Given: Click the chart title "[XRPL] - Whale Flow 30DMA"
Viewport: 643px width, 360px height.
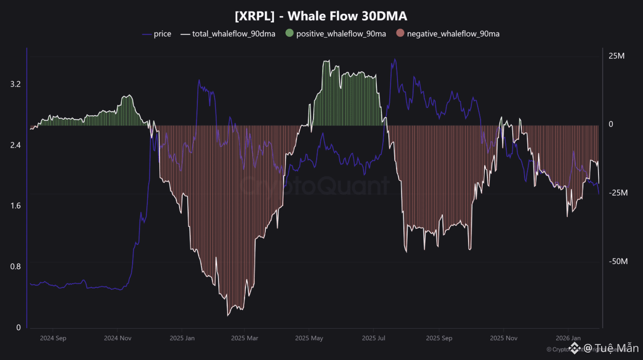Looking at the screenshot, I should point(321,16).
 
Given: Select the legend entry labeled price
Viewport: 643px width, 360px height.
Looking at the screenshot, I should point(162,34).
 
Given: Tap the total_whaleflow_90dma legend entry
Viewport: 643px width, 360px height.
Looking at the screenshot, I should point(234,34).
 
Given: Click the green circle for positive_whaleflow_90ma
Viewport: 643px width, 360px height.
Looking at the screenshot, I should point(289,34).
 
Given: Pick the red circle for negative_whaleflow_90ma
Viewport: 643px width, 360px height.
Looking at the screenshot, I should point(400,34).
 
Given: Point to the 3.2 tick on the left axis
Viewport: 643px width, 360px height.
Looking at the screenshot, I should point(16,84).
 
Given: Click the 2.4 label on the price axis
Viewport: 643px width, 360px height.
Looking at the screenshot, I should point(16,145).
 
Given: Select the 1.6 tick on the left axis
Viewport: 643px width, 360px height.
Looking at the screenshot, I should point(16,206).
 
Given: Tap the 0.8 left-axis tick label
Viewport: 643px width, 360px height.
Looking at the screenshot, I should point(16,266).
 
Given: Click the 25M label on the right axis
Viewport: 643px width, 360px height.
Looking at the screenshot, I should point(617,56).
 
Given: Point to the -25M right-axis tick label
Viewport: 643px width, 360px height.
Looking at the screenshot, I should point(618,193).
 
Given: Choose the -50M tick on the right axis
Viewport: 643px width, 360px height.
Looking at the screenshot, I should point(618,261).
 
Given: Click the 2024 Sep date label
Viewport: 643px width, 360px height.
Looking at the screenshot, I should point(53,338).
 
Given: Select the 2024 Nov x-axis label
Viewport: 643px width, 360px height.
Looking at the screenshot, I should point(117,338).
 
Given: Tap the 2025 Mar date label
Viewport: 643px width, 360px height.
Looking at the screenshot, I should point(245,338).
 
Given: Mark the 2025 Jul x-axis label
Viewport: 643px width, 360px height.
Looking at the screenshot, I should point(374,338).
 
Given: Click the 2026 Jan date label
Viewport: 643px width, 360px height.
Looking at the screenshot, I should point(568,338).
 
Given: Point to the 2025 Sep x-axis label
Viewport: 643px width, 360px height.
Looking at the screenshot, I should point(439,338).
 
